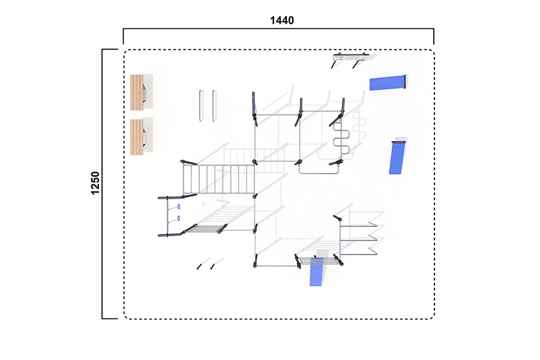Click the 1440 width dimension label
click(282, 20)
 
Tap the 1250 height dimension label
click(95, 183)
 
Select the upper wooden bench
click(137, 92)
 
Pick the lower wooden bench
click(137, 137)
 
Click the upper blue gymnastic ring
click(179, 206)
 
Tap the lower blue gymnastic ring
click(179, 218)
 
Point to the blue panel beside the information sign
click(388, 83)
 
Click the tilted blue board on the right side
click(397, 157)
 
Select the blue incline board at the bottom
click(316, 271)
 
